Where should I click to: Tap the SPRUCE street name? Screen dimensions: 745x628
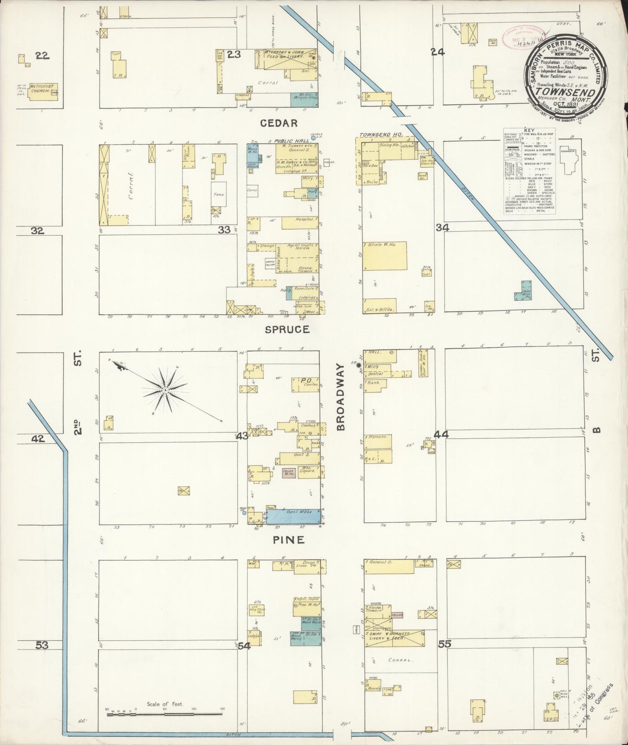pos(287,329)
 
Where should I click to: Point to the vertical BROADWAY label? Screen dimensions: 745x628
pos(340,398)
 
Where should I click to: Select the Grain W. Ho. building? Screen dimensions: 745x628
pos(385,256)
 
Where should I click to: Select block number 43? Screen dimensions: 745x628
pos(242,436)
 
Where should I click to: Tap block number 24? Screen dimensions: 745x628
pos(438,53)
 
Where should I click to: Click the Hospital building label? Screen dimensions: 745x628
pos(299,223)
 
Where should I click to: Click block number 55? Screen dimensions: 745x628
pos(444,644)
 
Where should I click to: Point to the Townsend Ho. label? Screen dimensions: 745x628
pos(381,135)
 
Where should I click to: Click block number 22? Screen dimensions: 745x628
pos(43,55)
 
